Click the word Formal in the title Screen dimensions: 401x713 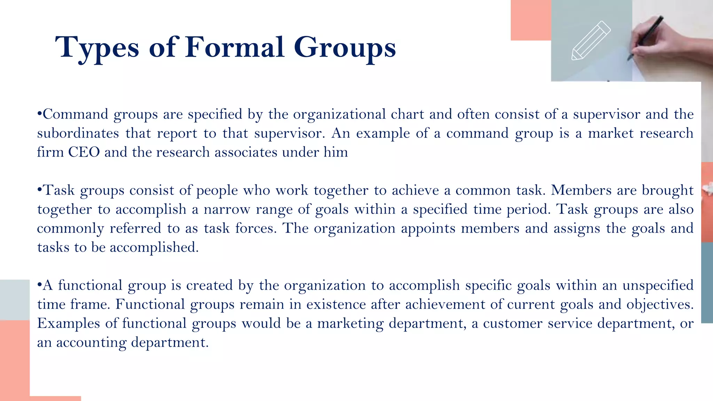(x=235, y=47)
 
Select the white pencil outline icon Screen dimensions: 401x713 (x=591, y=41)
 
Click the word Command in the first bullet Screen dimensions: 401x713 (x=75, y=114)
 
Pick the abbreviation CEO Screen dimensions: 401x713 (x=84, y=152)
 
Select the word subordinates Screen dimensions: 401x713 (x=78, y=133)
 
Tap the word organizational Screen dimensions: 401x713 (x=339, y=114)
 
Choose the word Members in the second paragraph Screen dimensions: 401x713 (x=581, y=190)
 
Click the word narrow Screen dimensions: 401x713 (x=227, y=209)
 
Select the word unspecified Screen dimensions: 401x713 (x=658, y=285)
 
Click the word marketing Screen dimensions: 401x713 (x=350, y=323)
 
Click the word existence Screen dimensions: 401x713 (x=336, y=304)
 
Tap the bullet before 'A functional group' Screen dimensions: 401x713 (x=39, y=285)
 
